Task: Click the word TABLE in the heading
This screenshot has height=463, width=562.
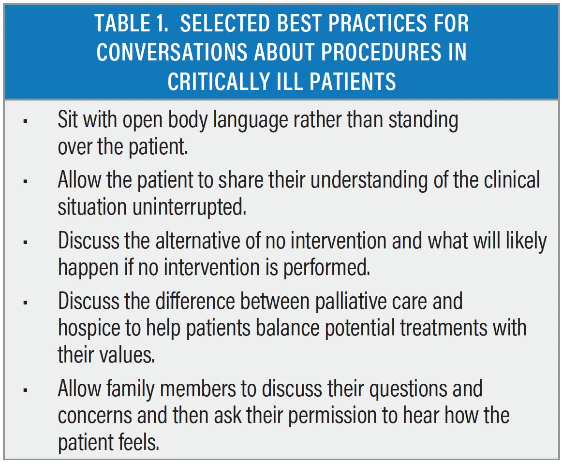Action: pos(122,23)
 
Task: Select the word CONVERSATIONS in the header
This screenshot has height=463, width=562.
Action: pos(172,52)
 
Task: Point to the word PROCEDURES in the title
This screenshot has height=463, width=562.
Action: pos(381,52)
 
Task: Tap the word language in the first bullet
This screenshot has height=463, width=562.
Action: pos(251,120)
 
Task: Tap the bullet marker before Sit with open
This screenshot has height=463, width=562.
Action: pos(25,121)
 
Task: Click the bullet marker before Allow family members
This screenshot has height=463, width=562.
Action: pos(25,390)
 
